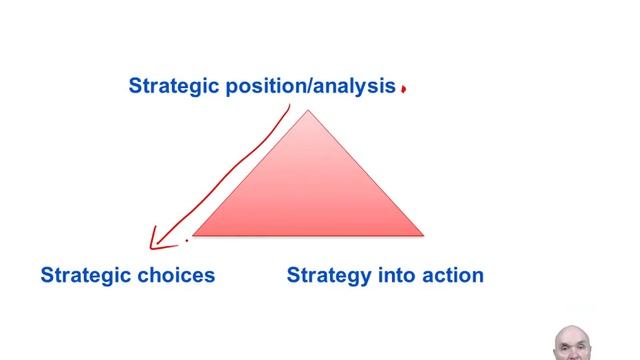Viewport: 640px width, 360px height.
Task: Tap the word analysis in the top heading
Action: point(354,86)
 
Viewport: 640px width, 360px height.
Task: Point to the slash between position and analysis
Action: point(307,87)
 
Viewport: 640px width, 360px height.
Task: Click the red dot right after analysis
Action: point(403,89)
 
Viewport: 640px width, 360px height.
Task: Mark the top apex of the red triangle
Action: point(308,110)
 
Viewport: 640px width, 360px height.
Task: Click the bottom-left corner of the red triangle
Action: point(192,235)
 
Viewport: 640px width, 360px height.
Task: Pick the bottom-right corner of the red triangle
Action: point(423,235)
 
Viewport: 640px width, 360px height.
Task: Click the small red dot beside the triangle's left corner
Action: point(187,240)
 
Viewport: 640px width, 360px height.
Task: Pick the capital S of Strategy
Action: point(293,275)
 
